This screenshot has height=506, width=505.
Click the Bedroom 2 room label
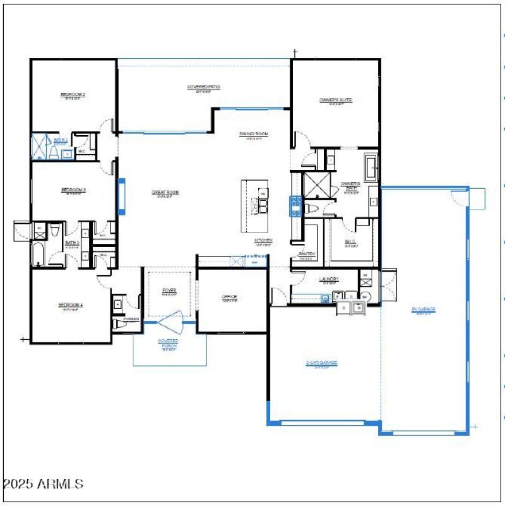point(73,95)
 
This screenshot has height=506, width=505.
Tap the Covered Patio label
point(203,87)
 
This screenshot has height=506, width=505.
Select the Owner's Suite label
point(335,100)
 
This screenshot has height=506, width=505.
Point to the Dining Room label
point(254,134)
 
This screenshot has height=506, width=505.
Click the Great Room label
point(165,192)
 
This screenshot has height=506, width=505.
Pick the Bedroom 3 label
point(73,190)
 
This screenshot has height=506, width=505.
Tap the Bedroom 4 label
point(71,306)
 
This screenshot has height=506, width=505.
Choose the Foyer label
point(169,290)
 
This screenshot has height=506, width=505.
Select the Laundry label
point(329,279)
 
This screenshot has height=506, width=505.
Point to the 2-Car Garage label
point(321,363)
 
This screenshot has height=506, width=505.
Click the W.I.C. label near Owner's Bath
point(351,242)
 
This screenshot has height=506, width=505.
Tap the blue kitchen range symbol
point(295,206)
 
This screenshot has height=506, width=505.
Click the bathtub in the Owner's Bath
point(371,168)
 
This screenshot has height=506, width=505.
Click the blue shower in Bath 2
point(40,147)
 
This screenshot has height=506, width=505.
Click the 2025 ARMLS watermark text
point(43,485)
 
